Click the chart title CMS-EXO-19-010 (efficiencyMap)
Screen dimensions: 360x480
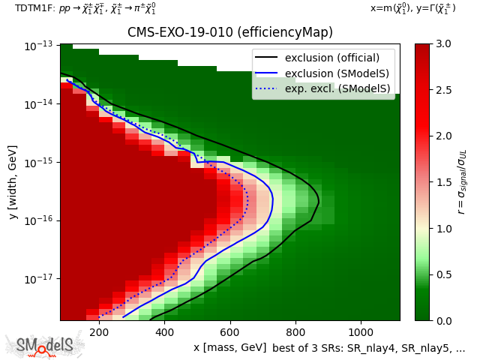tap(229, 33)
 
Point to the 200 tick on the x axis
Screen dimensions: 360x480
tap(98, 331)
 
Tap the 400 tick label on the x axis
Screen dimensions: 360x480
tap(164, 331)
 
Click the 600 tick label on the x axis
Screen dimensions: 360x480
tap(229, 331)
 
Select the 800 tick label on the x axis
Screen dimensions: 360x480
tap(295, 331)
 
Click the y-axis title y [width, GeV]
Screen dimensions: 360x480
tap(13, 182)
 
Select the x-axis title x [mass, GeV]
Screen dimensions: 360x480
tap(229, 347)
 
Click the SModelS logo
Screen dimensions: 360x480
tap(46, 345)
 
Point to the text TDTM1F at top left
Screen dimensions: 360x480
tap(32, 8)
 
